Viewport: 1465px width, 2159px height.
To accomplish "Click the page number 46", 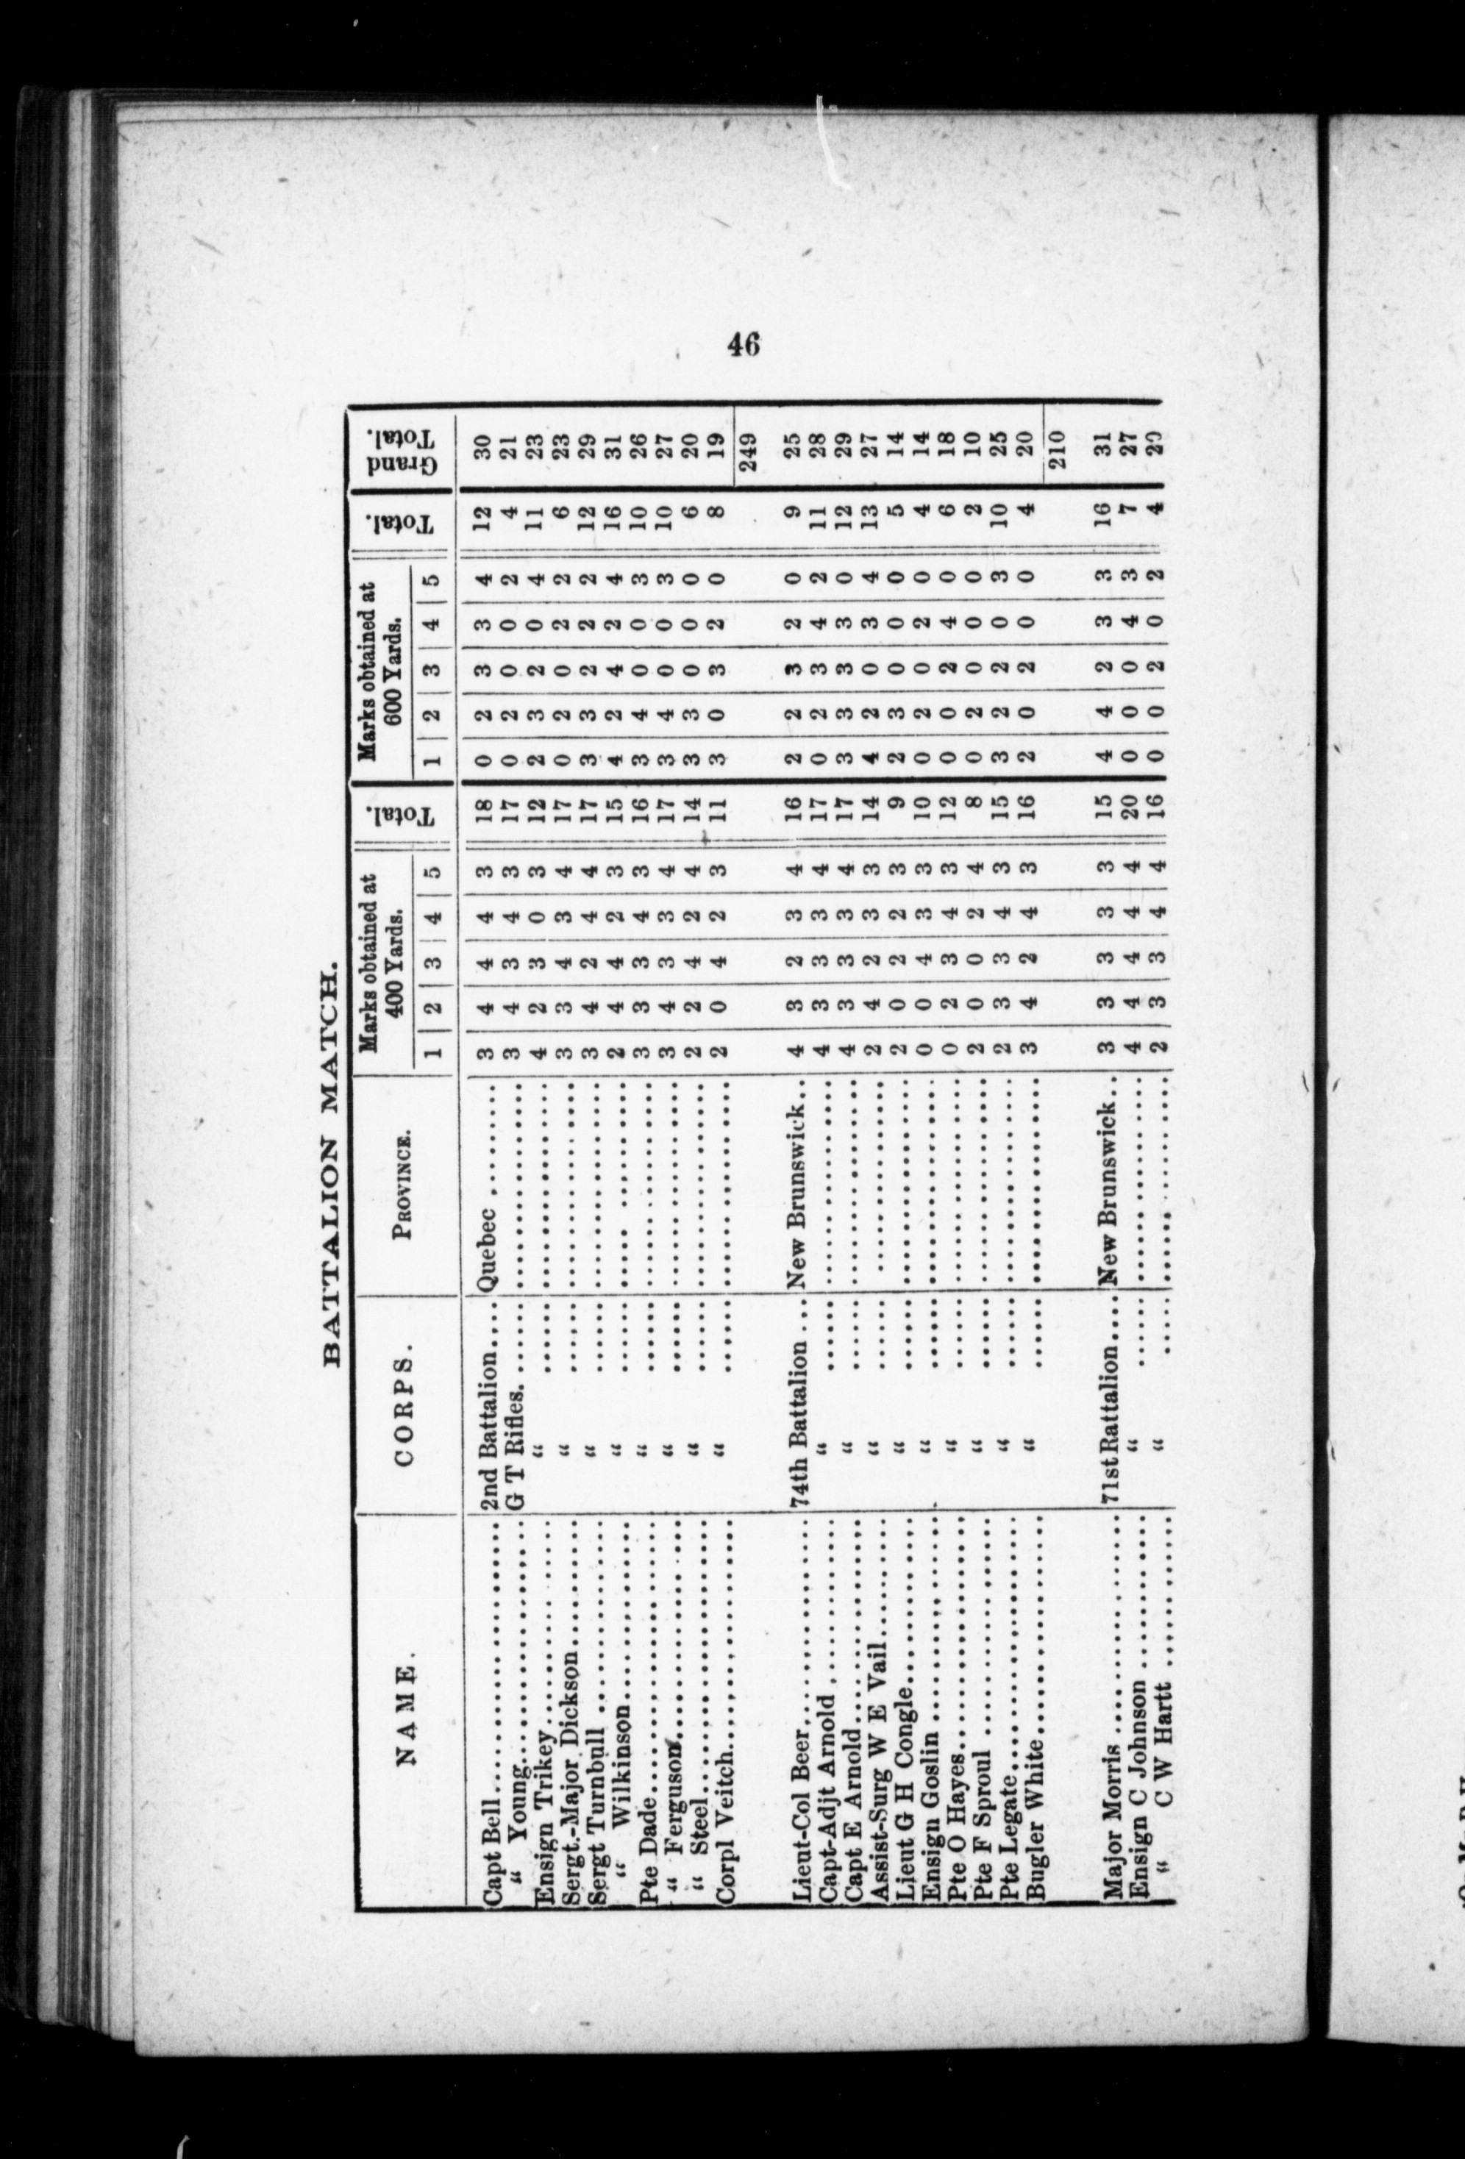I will point(744,345).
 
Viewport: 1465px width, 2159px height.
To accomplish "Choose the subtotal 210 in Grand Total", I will point(1059,449).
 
